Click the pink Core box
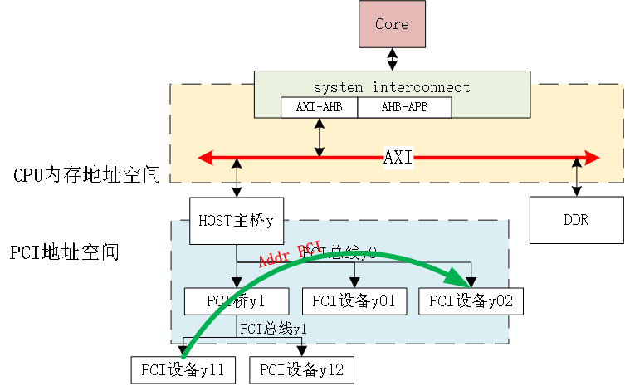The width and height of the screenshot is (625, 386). click(392, 24)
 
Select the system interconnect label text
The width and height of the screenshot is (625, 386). click(392, 87)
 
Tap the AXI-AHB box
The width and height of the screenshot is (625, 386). click(319, 107)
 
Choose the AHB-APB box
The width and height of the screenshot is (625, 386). click(404, 107)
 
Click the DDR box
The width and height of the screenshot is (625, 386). click(576, 220)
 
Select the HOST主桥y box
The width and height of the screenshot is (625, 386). click(237, 221)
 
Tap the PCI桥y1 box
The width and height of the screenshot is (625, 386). click(236, 301)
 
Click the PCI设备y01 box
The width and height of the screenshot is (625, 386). click(354, 301)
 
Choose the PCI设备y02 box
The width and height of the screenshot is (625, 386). click(471, 301)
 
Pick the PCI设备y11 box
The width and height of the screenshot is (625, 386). click(183, 369)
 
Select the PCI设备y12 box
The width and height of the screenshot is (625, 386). click(302, 369)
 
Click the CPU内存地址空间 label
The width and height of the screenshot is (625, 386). click(86, 176)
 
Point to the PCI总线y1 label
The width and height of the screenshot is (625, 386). click(274, 329)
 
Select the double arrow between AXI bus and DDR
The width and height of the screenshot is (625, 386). click(576, 177)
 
